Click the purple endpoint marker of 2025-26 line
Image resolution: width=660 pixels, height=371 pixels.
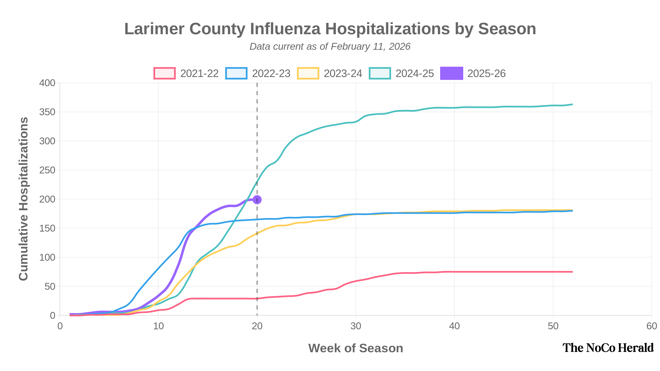pos(257,200)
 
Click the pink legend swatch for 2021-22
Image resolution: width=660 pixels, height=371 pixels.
pos(165,74)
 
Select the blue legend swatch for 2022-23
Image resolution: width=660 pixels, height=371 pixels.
pos(236,74)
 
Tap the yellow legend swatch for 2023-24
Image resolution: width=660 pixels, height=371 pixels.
pos(308,74)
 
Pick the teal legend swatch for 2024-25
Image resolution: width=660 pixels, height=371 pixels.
pos(380,74)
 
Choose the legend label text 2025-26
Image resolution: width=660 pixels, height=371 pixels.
pos(486,74)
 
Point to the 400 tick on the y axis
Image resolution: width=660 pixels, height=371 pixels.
pos(47,83)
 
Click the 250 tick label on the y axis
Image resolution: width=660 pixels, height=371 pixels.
pos(47,170)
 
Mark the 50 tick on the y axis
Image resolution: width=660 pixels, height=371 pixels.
pos(50,286)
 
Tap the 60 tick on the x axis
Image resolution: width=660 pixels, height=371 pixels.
pos(651,326)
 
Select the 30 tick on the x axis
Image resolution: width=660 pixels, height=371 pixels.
pos(356,326)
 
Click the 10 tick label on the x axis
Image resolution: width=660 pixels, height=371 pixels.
pos(158,326)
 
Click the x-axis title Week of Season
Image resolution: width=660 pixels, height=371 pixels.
pos(355,348)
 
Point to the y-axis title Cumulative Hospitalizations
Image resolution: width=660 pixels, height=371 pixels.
pos(24,199)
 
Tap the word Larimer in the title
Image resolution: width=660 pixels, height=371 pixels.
pos(154,29)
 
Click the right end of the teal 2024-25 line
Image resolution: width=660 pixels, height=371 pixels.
pos(572,104)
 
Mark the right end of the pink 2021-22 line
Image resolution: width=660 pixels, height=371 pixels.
pos(572,272)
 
